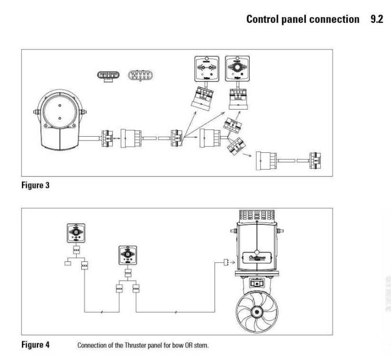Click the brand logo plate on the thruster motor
coord(260,257)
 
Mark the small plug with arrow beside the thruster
coord(226,262)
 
